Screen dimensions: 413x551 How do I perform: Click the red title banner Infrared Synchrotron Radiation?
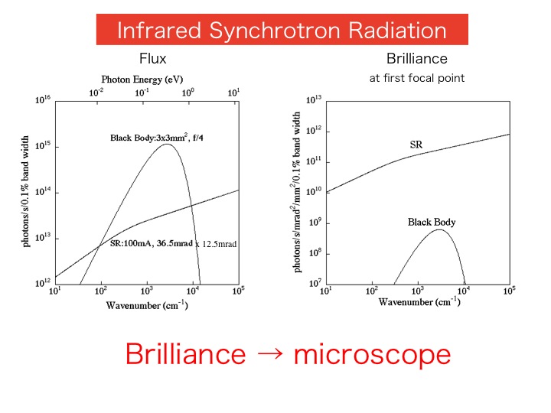[x=281, y=30]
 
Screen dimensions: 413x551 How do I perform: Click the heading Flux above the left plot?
[x=152, y=59]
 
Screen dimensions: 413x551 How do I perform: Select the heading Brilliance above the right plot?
[x=416, y=59]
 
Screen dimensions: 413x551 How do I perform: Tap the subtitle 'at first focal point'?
[x=416, y=78]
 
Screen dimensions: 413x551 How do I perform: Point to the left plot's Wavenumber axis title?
[x=147, y=305]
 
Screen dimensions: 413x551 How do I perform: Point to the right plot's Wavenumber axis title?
[x=419, y=301]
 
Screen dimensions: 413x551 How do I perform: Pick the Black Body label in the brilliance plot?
[x=431, y=223]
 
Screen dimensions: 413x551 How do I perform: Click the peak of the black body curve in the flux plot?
[x=168, y=145]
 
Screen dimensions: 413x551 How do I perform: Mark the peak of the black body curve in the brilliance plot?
[x=439, y=229]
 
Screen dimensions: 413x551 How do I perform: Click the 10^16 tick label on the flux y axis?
[x=42, y=100]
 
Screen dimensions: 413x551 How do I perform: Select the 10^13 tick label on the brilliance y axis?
[x=315, y=100]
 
